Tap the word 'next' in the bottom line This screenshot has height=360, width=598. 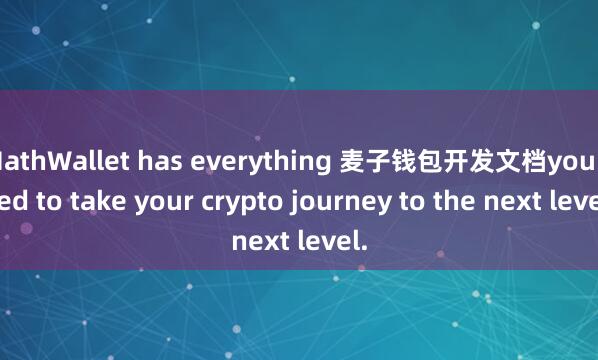tap(261, 241)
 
